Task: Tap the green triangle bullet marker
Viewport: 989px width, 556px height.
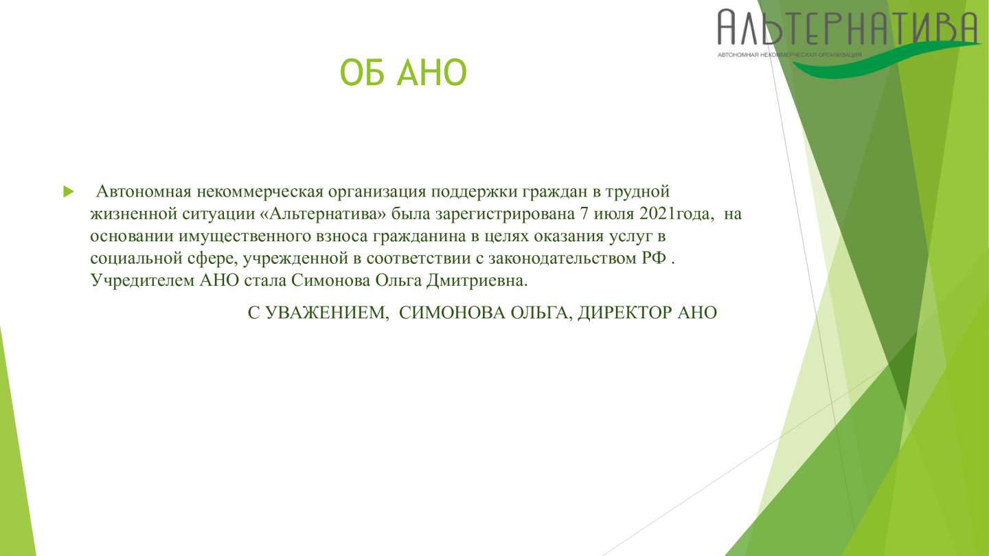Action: (69, 192)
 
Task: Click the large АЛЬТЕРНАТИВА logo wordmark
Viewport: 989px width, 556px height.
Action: (848, 27)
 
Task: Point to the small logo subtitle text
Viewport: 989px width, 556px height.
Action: (789, 55)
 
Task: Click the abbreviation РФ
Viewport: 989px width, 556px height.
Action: (653, 258)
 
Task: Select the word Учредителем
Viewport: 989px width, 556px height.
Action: (142, 281)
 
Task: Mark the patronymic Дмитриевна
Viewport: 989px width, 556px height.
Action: (477, 281)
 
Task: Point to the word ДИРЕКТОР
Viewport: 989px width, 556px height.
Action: (625, 313)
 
